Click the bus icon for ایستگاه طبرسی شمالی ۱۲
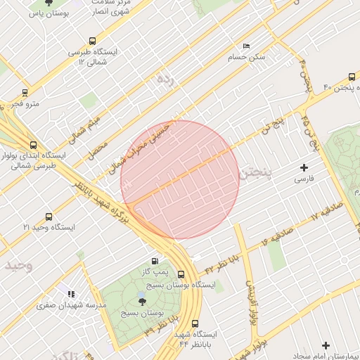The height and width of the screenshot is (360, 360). pos(92,41)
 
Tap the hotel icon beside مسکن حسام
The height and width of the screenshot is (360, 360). pos(246,46)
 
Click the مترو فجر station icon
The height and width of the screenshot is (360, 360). pos(25,92)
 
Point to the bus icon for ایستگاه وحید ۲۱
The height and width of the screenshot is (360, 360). pos(49,217)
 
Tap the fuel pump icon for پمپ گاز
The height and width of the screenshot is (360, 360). pos(155,261)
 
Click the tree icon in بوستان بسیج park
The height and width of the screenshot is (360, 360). pos(143,301)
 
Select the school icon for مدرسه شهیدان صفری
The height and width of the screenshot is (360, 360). pos(70,294)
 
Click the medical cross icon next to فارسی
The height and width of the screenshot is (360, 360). pos(304,167)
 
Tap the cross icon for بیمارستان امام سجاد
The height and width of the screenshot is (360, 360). pos(325,345)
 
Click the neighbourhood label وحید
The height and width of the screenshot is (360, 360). pos(18,266)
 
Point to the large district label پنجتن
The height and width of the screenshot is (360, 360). pos(254,174)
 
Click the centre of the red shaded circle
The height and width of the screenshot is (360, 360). pos(180,179)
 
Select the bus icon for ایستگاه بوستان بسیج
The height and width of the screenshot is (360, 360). pos(181,275)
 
